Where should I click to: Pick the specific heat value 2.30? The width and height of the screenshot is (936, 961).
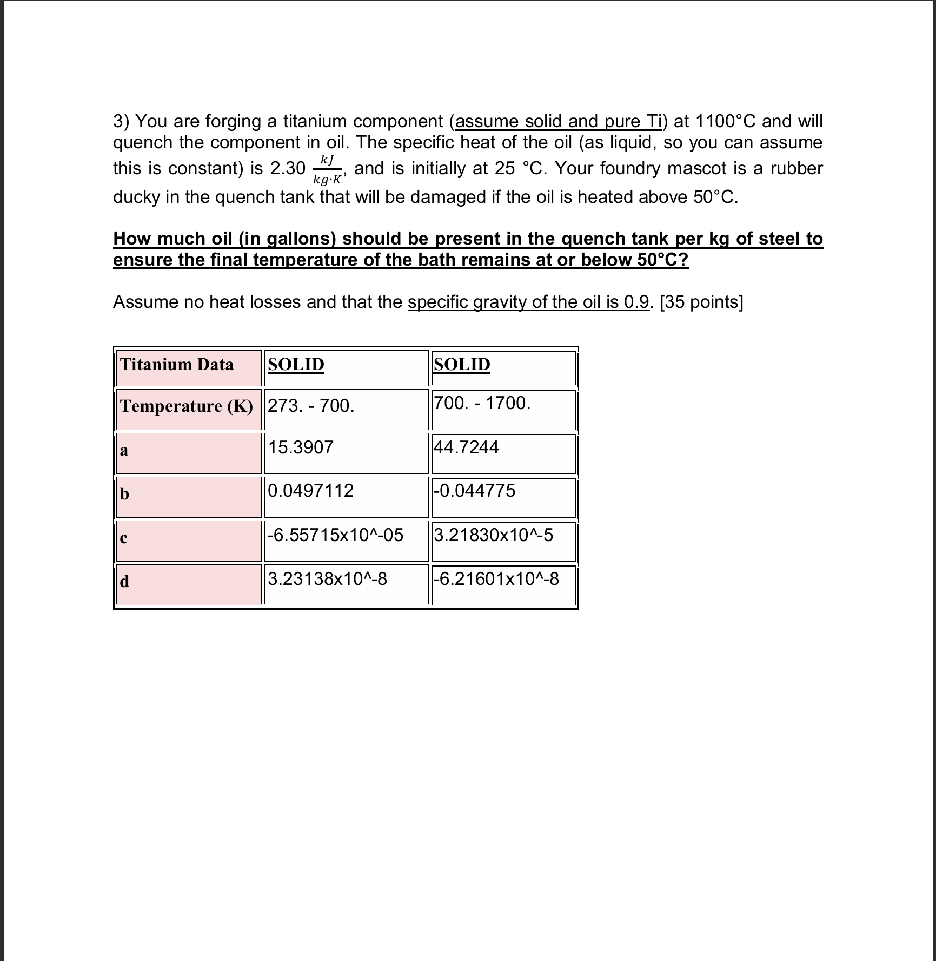click(288, 169)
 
